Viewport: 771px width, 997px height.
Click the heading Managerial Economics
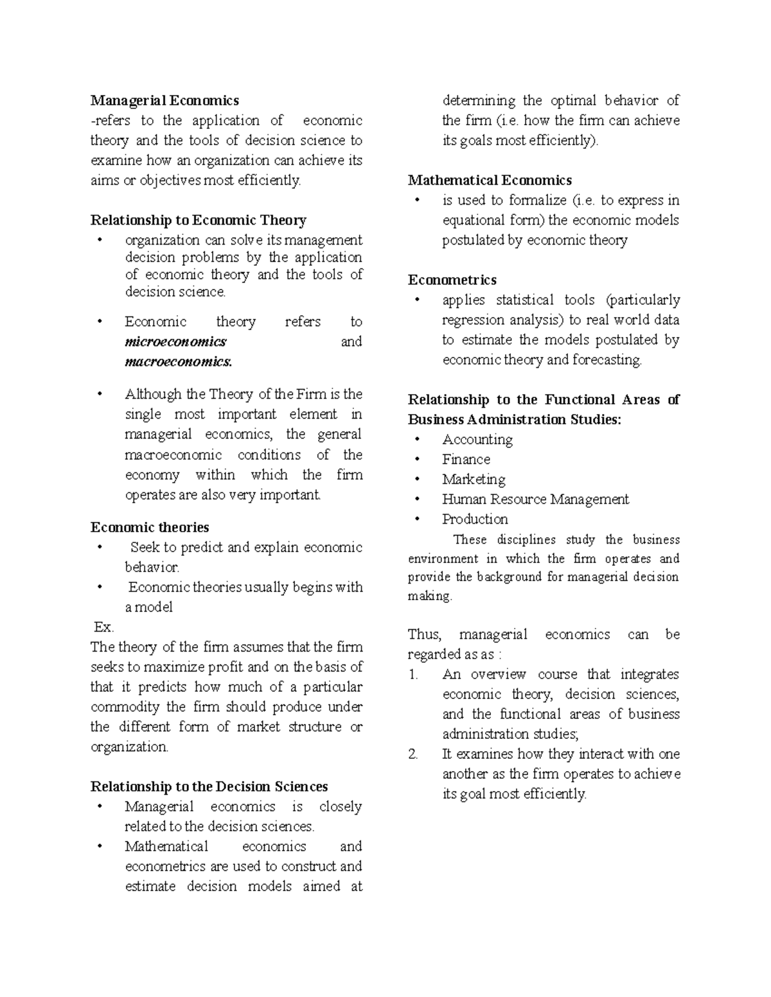[164, 100]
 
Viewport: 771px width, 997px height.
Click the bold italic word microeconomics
[175, 342]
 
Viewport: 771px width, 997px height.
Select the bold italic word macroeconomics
[178, 361]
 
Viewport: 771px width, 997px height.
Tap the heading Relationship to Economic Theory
[198, 220]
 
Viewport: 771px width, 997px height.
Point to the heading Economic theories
[150, 527]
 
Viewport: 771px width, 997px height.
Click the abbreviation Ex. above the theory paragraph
[103, 627]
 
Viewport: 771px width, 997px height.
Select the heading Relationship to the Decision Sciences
[209, 786]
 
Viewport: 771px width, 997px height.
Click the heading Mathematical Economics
[490, 180]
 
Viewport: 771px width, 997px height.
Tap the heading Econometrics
[452, 280]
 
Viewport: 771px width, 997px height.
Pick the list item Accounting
[477, 440]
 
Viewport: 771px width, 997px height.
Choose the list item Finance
[466, 460]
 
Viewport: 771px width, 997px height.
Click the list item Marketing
[474, 480]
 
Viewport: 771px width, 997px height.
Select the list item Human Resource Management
[535, 499]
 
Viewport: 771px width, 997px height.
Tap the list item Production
[475, 519]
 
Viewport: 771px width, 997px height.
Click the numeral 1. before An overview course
[413, 675]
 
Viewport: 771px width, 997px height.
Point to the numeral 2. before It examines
[413, 754]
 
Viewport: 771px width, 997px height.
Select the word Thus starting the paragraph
[424, 635]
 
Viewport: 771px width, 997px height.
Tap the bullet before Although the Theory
[99, 394]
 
